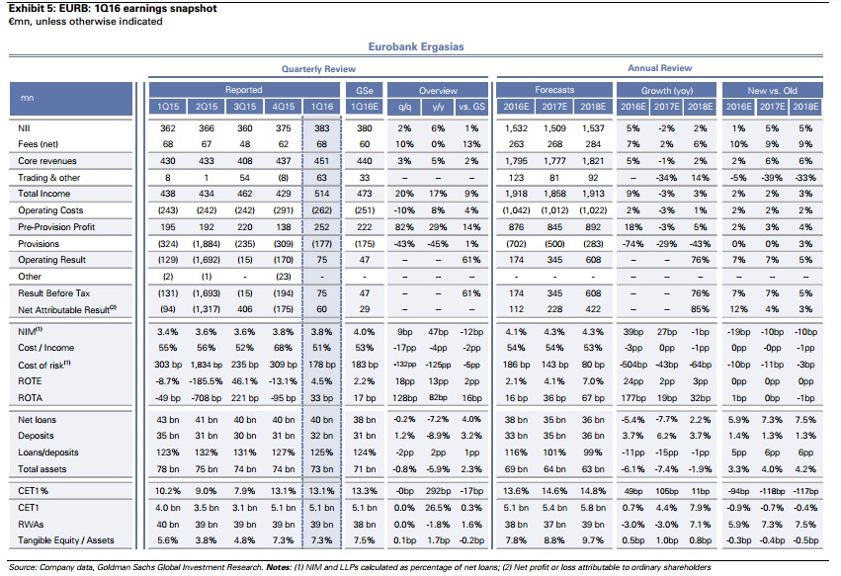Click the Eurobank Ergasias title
click(415, 46)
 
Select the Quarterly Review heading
click(319, 69)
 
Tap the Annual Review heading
click(659, 69)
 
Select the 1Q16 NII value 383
click(321, 128)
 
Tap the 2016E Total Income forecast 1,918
click(516, 195)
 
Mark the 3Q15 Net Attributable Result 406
click(243, 309)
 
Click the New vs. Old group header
click(776, 90)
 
